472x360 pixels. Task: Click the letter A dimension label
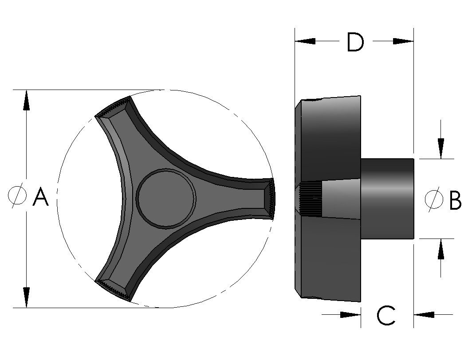tap(41, 197)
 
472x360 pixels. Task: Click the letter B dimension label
tap(455, 200)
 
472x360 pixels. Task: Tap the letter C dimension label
tap(386, 316)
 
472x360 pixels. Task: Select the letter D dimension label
tap(355, 43)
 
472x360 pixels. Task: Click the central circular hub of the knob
tap(166, 198)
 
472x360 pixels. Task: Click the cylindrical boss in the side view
tap(387, 199)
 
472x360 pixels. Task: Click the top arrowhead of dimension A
tap(26, 100)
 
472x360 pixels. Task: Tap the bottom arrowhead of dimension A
tap(26, 297)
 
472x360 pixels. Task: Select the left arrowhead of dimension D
tap(305, 41)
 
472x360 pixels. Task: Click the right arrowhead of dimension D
tap(403, 41)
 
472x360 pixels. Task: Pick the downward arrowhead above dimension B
tap(441, 148)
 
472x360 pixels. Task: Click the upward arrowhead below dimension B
tap(441, 249)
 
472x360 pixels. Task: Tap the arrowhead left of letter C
tap(350, 315)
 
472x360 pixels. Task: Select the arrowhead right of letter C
tap(424, 315)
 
